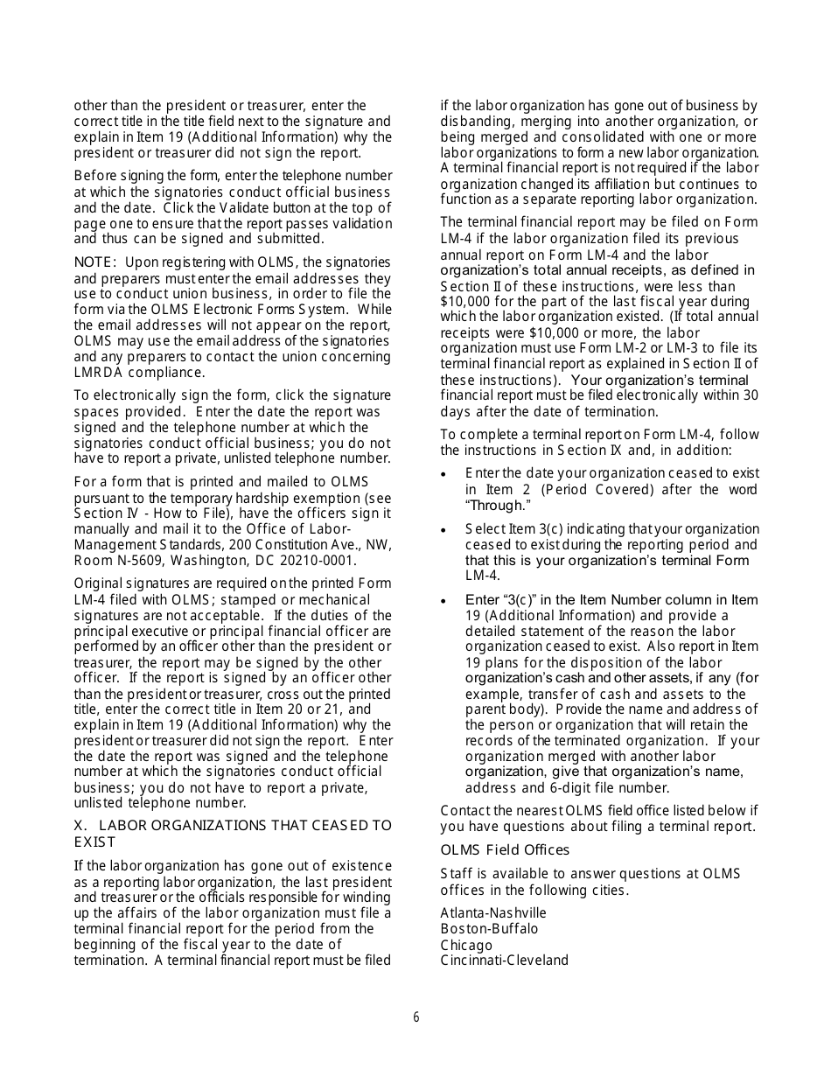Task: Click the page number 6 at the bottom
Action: (416, 1017)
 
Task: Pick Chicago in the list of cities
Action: (466, 945)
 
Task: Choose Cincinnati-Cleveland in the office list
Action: (504, 961)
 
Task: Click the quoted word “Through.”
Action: (499, 506)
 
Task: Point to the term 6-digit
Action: (570, 787)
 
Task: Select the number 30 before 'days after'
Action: (750, 395)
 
